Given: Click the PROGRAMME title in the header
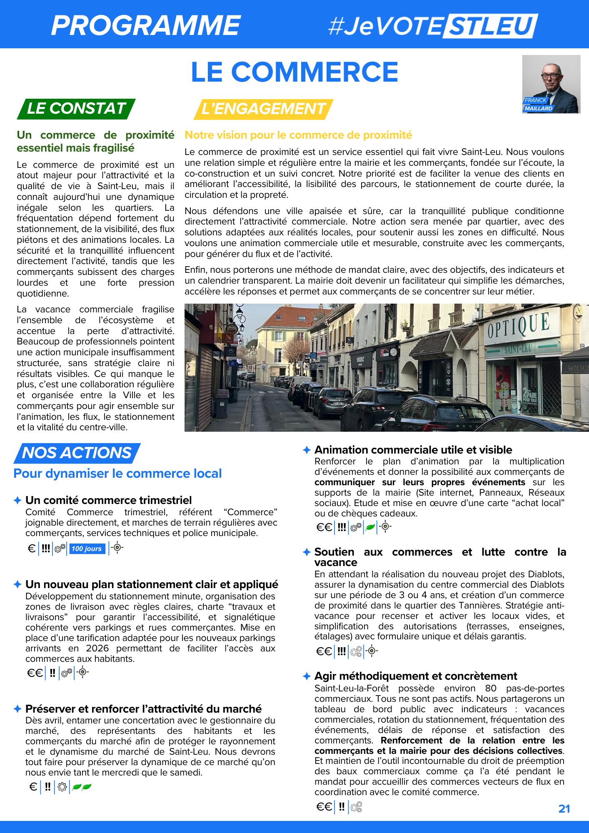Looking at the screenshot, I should coord(146,25).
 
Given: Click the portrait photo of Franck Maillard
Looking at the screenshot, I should coord(551,84).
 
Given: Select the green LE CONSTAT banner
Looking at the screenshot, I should coord(76,109).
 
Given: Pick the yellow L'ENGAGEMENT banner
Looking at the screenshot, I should coord(263,109).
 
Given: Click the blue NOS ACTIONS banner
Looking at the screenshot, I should coord(77,453).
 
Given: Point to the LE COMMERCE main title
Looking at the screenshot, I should coord(294,72).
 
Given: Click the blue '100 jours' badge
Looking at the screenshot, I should coord(87,549).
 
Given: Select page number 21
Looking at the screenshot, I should coord(564,808).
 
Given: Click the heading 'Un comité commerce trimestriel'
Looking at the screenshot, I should coord(108,500).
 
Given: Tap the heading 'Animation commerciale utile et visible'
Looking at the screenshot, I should coord(413,450).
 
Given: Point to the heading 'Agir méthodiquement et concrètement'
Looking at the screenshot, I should coord(416,676).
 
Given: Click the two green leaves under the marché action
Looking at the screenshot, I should coord(82,787).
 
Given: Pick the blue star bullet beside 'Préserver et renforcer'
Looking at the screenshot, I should coord(17,708).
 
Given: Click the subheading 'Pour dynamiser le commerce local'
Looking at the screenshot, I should coord(117,474).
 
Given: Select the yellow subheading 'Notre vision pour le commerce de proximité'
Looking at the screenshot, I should coord(298,135).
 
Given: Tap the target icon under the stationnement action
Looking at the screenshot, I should coord(83,672).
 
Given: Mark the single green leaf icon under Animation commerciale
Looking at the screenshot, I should coord(370,527).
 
